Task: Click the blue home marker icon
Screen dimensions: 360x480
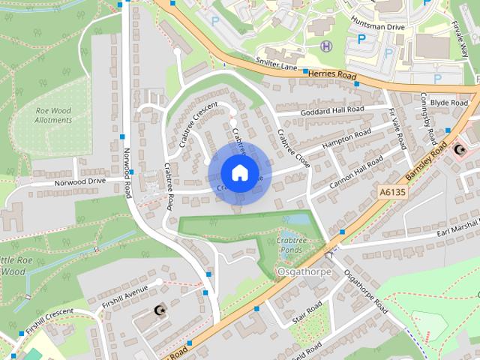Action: [x=239, y=172]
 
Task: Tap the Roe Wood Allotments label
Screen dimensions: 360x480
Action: [x=52, y=115]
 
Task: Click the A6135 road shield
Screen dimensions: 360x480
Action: [x=391, y=193]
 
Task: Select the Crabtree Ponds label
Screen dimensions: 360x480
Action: [x=289, y=244]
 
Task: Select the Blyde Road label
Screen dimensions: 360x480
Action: [x=450, y=103]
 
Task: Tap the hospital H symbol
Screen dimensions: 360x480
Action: [x=325, y=46]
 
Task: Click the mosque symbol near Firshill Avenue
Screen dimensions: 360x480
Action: [x=158, y=310]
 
